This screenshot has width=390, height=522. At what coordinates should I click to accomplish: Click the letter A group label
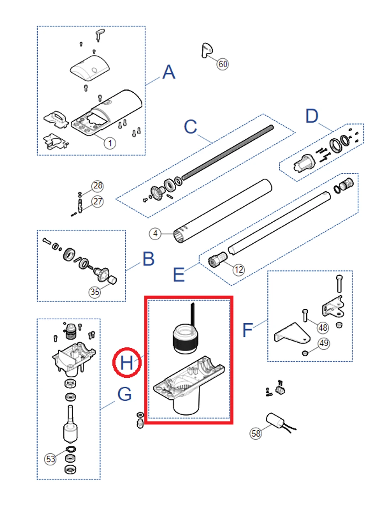pos(169,72)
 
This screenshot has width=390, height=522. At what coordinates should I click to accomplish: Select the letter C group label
pos(190,127)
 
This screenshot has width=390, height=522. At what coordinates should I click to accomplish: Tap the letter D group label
pos(312,116)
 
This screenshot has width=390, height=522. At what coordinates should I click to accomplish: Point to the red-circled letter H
pos(127,363)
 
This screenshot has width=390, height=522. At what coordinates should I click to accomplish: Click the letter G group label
pos(124,394)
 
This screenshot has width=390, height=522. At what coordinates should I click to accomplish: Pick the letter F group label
pos(247,330)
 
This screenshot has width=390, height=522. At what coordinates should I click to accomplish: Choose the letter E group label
pos(179,275)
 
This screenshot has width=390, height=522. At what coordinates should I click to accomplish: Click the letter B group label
pos(148,259)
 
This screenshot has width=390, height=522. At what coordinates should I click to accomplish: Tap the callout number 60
pos(223,64)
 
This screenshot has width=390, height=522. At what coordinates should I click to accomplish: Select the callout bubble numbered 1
pos(110,143)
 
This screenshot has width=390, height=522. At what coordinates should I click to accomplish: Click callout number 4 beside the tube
pos(155,234)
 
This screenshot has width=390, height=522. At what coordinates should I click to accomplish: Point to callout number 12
pos(238,270)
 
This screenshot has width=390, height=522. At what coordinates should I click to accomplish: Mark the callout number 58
pos(256,433)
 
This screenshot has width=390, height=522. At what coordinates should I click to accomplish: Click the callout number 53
pos(51,459)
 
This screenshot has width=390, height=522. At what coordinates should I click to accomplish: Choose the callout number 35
pos(95,292)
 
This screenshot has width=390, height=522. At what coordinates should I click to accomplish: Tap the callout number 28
pos(97,186)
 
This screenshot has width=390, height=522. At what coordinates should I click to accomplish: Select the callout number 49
pos(323,343)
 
